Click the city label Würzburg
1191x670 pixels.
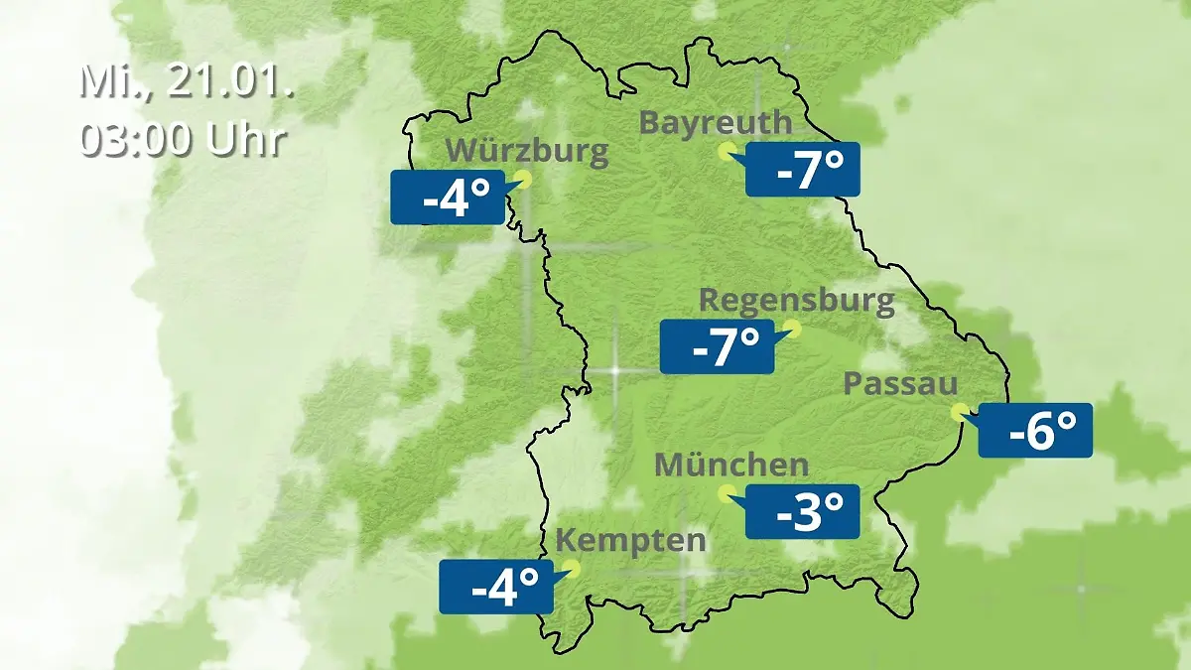tap(526, 152)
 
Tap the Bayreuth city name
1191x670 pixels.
tap(715, 123)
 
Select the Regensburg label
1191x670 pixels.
tap(796, 301)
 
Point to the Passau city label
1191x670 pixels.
tap(900, 384)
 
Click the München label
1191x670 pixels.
tap(731, 465)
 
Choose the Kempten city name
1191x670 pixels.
tap(630, 541)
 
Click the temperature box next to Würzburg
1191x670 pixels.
tap(448, 198)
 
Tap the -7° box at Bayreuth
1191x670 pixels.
tap(802, 170)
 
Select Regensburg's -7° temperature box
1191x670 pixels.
tap(717, 346)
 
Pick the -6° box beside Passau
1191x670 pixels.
tap(1035, 430)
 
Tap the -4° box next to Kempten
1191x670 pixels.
tap(495, 587)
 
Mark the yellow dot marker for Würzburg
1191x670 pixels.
tap(523, 179)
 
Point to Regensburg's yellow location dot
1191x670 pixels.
tap(792, 327)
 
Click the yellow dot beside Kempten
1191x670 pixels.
tap(570, 568)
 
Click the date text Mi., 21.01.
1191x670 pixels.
tap(186, 81)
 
